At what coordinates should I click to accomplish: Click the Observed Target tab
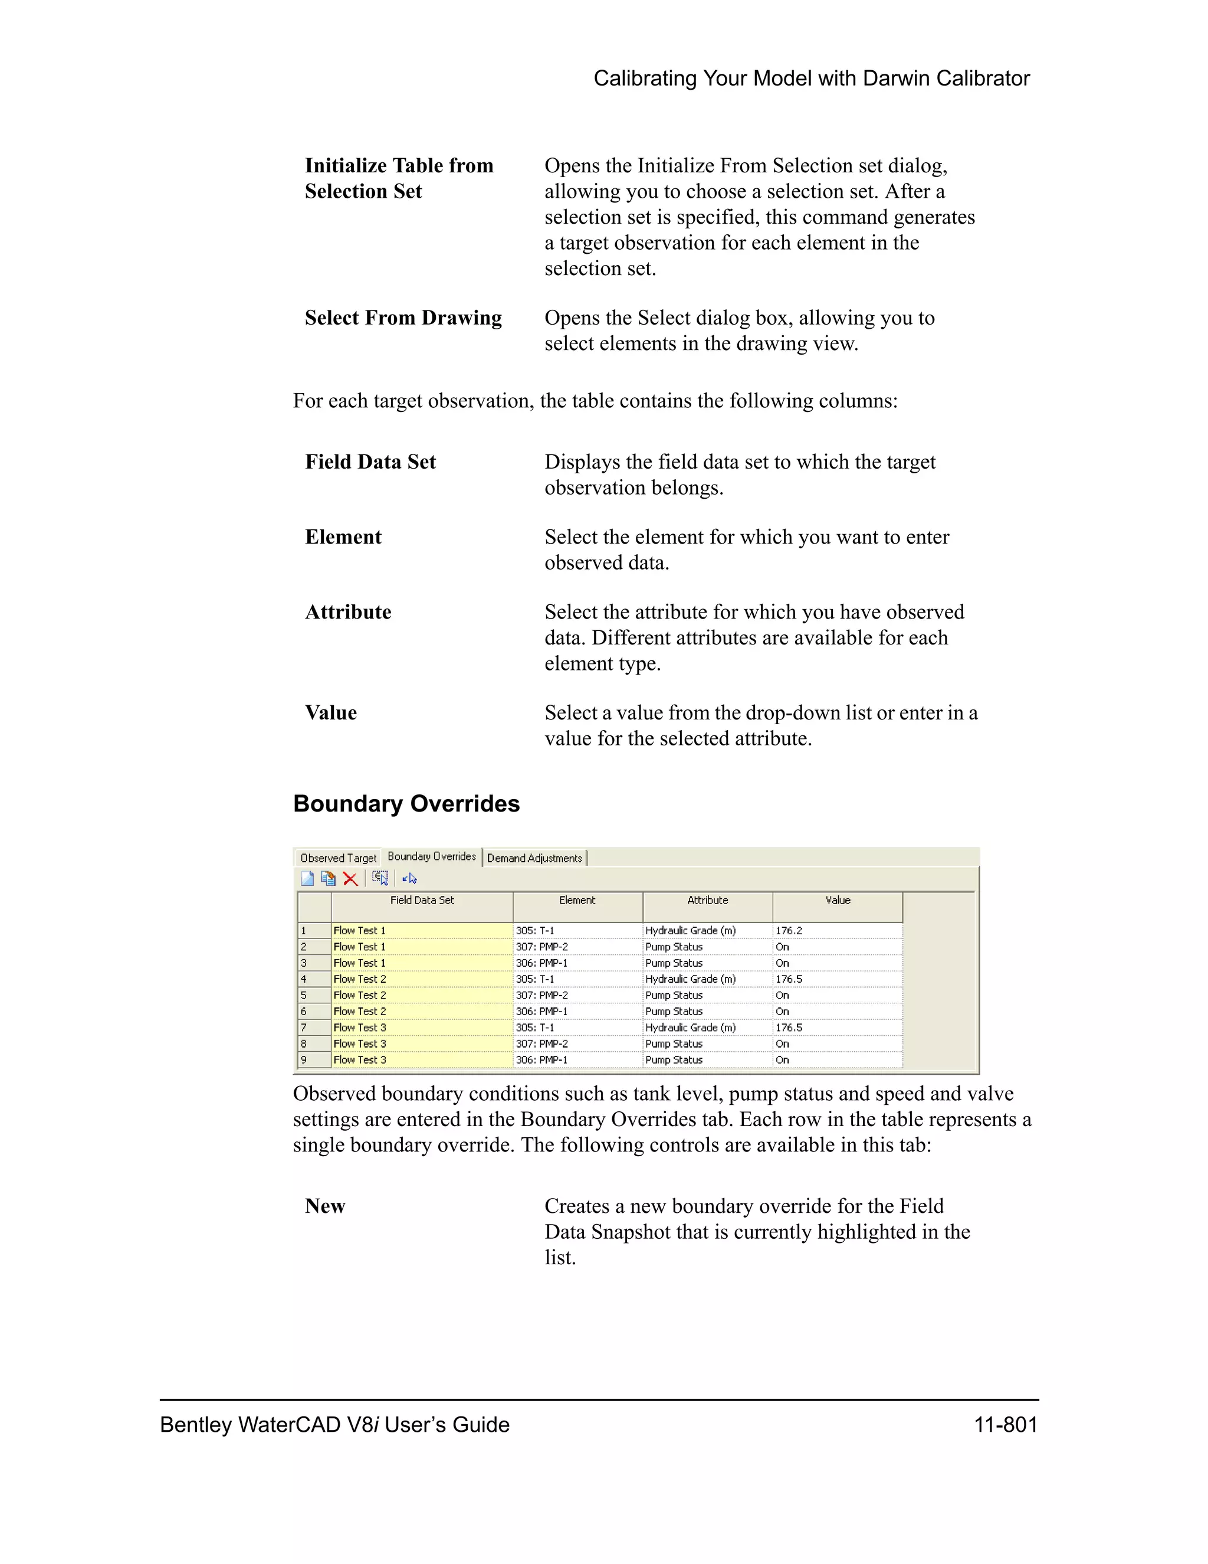click(338, 858)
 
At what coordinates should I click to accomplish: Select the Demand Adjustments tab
click(534, 858)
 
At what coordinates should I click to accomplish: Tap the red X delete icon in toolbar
click(350, 879)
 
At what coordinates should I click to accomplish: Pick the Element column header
click(577, 900)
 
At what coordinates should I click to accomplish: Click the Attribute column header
click(707, 900)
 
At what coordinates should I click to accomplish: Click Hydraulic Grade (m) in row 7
click(691, 1027)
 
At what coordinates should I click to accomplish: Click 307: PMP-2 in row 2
click(541, 947)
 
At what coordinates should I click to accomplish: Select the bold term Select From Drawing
click(403, 318)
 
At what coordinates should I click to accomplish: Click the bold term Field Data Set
click(370, 462)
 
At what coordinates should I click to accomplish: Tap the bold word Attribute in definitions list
click(348, 611)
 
